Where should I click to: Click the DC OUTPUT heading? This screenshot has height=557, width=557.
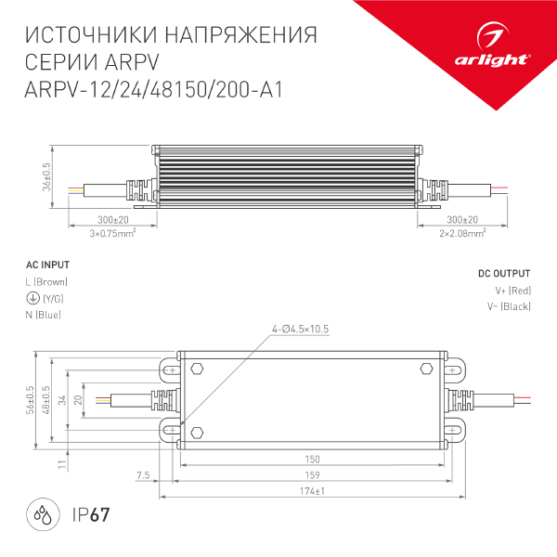[x=504, y=274]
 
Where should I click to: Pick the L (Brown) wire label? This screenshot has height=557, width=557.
[x=46, y=281]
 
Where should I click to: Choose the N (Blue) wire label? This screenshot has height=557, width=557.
[x=43, y=316]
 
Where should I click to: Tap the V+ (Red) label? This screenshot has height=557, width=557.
[x=512, y=291]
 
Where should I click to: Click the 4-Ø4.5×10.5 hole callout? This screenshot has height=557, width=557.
[x=301, y=330]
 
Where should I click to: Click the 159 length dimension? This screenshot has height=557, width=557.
[x=312, y=475]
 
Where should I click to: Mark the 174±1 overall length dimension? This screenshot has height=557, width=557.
[x=312, y=491]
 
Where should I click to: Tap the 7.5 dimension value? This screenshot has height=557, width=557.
[x=142, y=475]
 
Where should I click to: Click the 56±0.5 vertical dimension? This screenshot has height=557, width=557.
[x=31, y=398]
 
